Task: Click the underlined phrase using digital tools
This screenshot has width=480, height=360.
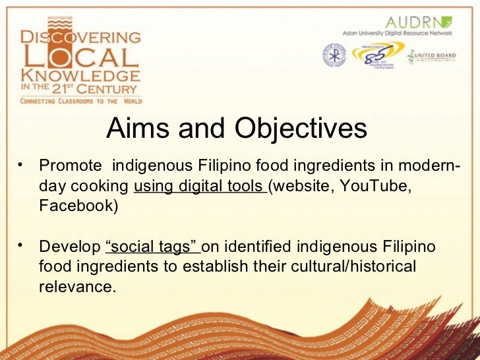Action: point(199,187)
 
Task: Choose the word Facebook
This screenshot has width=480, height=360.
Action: point(78,206)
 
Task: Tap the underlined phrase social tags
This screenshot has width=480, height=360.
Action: point(152,247)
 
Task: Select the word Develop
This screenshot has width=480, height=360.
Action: point(69,247)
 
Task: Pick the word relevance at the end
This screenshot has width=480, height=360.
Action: point(77,288)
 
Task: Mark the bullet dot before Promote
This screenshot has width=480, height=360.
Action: point(22,162)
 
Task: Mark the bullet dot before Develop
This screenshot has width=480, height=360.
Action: point(22,245)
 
